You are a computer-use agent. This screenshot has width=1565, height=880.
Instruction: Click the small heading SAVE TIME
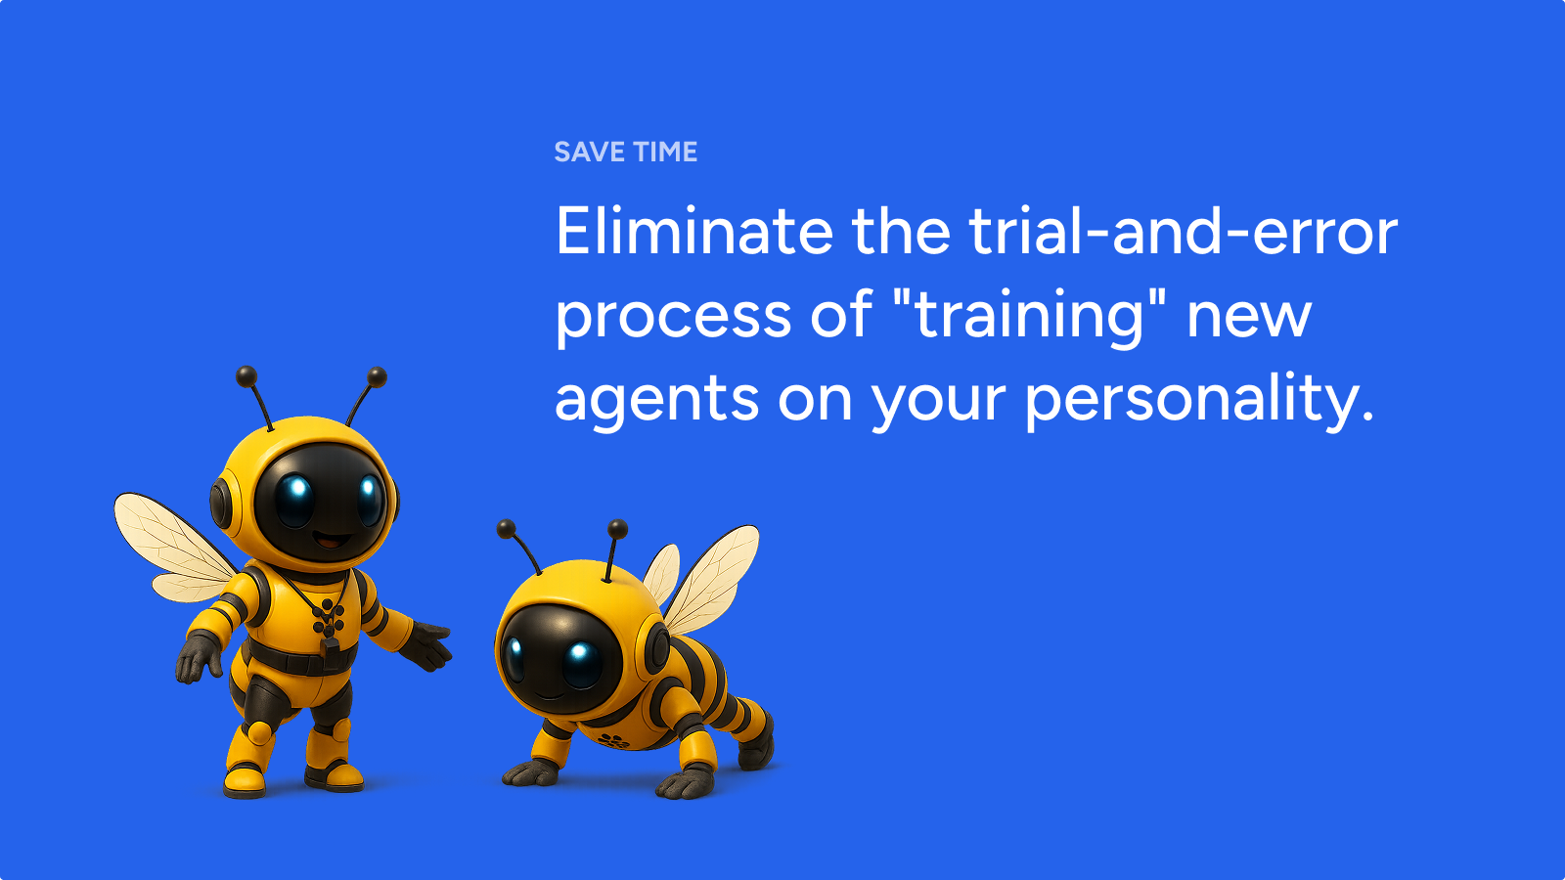click(625, 153)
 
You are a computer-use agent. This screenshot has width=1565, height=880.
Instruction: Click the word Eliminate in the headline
click(693, 231)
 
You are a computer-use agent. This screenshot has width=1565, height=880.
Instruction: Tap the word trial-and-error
click(1183, 231)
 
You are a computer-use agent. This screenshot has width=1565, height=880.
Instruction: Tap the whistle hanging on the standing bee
click(330, 646)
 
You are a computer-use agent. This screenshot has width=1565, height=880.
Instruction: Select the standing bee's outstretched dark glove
click(426, 645)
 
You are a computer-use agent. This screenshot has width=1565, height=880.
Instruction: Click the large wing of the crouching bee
click(710, 579)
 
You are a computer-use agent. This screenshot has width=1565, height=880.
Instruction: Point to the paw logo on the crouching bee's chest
click(613, 740)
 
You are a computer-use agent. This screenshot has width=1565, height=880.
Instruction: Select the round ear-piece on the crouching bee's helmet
click(656, 647)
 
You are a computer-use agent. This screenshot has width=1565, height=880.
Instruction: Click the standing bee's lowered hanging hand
click(198, 659)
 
